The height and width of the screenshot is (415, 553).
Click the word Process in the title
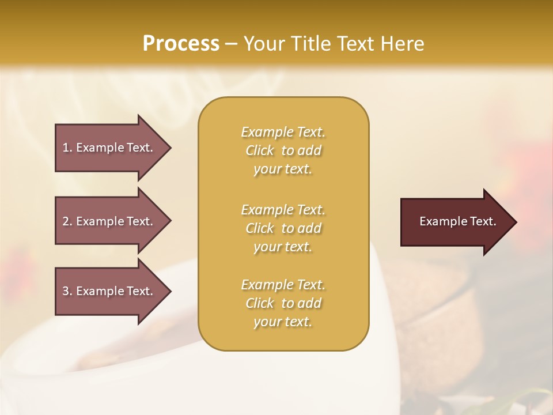pyautogui.click(x=181, y=44)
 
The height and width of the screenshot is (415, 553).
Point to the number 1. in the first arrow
pyautogui.click(x=67, y=148)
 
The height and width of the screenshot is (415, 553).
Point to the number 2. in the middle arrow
pyautogui.click(x=67, y=221)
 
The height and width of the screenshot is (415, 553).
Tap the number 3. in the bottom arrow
pyautogui.click(x=67, y=291)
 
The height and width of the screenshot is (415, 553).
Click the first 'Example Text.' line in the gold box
pyautogui.click(x=283, y=132)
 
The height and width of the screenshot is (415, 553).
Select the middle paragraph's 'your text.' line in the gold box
pyautogui.click(x=283, y=247)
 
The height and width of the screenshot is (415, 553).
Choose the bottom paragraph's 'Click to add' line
pyautogui.click(x=283, y=303)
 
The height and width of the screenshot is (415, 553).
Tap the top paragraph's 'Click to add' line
pyautogui.click(x=283, y=150)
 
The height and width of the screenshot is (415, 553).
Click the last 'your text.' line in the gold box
pyautogui.click(x=283, y=322)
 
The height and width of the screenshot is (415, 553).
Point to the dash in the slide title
pyautogui.click(x=231, y=44)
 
